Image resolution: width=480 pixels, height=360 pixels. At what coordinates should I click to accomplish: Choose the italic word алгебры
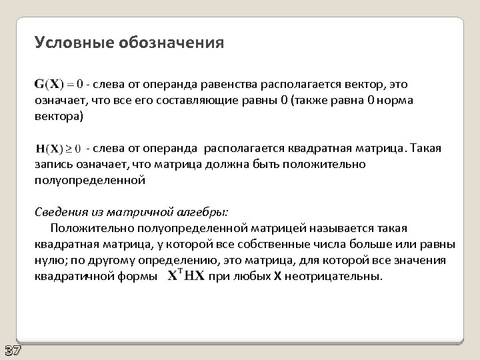pos(203,212)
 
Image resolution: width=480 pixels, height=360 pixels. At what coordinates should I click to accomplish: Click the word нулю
pos(49,260)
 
